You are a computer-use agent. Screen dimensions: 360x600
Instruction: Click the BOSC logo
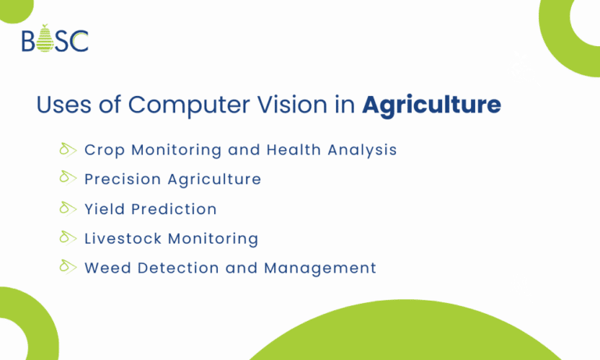[55, 39]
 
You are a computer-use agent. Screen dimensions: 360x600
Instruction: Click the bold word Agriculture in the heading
[431, 105]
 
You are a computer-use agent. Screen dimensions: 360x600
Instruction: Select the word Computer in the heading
[185, 105]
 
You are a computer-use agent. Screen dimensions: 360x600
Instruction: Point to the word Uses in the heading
[63, 105]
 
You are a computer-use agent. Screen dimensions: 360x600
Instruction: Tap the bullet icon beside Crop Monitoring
[67, 148]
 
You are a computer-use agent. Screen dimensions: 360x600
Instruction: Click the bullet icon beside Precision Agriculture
[67, 178]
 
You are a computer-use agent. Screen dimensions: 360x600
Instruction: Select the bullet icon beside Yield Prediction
[67, 208]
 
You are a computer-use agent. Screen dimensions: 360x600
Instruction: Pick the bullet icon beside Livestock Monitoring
[67, 237]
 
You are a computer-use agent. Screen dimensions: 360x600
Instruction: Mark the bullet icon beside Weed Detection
[67, 267]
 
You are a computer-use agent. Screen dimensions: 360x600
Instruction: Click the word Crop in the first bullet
[103, 150]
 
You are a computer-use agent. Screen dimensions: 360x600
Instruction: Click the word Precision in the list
[122, 180]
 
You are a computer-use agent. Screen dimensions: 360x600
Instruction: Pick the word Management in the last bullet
[320, 269]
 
